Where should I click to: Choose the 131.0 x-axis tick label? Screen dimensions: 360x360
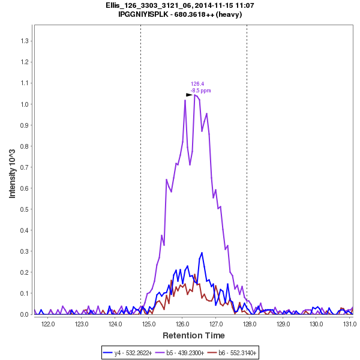(x=350, y=324)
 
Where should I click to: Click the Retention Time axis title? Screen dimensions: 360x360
(x=194, y=335)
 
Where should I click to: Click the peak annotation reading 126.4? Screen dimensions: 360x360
(x=197, y=84)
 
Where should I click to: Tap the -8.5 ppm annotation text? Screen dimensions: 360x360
(x=200, y=91)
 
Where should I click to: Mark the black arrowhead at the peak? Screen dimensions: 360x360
(x=189, y=95)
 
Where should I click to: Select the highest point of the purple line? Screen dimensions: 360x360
(x=195, y=95)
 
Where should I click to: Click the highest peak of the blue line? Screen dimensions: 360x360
(x=202, y=253)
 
